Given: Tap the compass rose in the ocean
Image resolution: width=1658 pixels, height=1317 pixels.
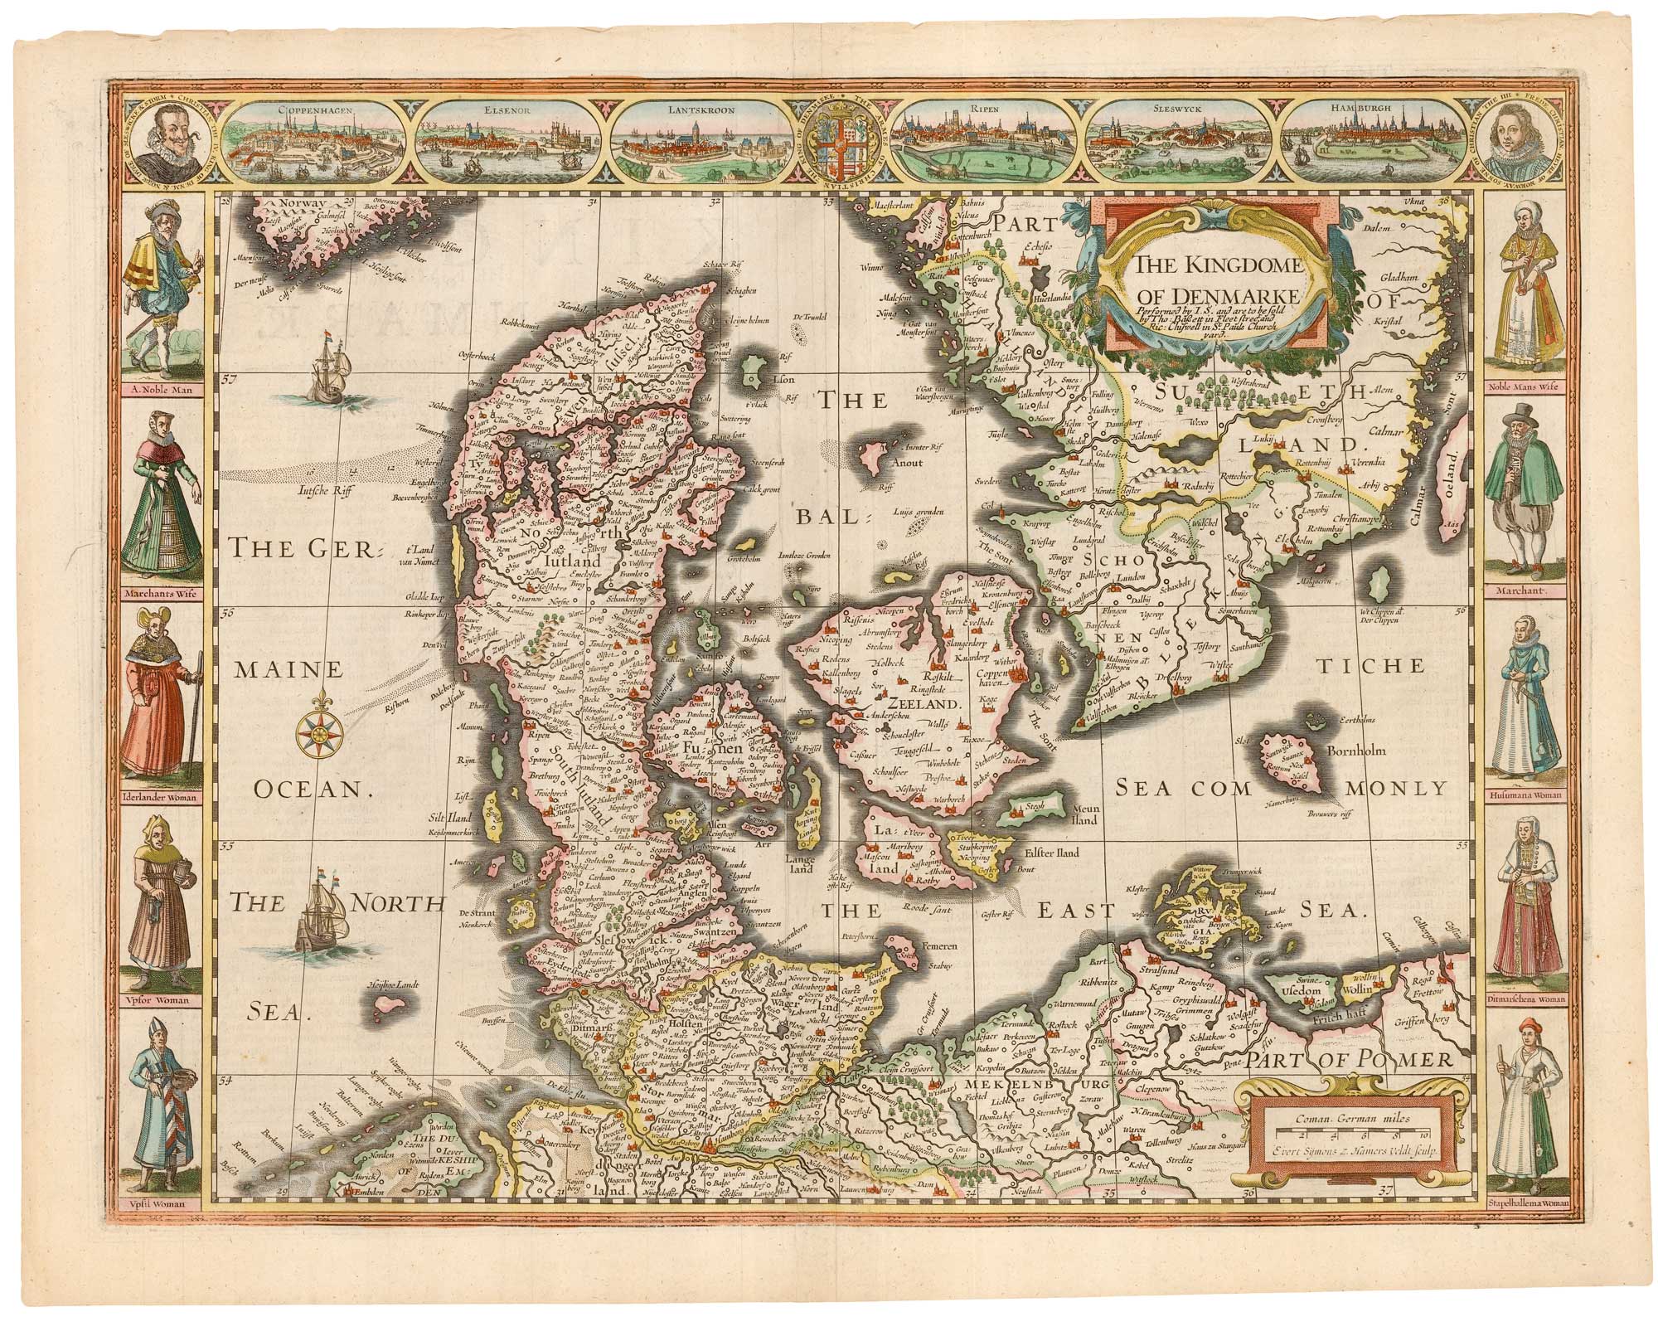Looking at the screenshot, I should click(318, 730).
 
